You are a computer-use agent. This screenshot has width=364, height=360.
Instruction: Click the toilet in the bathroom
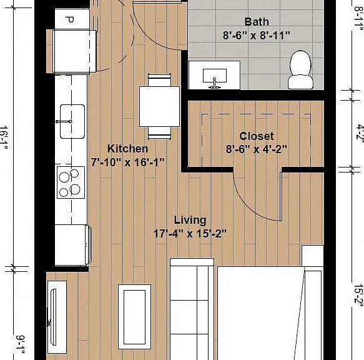(x=300, y=70)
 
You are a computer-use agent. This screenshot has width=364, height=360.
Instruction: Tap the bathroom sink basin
(x=215, y=76)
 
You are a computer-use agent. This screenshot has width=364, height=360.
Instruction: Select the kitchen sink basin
(x=72, y=121)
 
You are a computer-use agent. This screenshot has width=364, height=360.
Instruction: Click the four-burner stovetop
(x=71, y=182)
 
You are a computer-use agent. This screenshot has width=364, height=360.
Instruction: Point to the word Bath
(x=257, y=22)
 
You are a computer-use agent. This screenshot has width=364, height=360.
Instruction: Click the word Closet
(x=257, y=136)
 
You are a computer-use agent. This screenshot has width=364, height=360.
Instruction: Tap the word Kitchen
(x=127, y=149)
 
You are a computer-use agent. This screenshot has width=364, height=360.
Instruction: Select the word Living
(x=190, y=221)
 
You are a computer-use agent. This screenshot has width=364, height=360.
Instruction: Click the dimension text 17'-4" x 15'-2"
(x=190, y=234)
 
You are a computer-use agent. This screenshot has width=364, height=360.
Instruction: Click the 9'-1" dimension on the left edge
(x=21, y=344)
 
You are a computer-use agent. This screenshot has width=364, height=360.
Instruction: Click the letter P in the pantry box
(x=69, y=20)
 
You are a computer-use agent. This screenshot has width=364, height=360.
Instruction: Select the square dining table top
(x=159, y=106)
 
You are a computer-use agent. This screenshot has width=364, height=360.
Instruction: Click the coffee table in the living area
(x=135, y=317)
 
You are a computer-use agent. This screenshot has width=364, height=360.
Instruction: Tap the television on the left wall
(x=53, y=317)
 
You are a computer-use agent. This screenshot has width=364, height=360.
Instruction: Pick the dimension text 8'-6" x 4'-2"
(x=257, y=149)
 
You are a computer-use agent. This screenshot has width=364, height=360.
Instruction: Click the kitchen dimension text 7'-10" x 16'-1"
(x=127, y=162)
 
